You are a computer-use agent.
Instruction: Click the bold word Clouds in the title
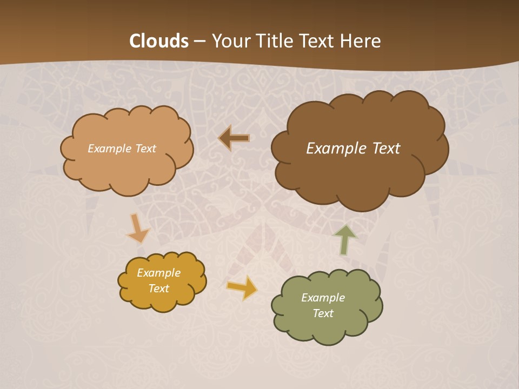(159, 41)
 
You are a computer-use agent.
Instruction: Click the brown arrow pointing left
(234, 138)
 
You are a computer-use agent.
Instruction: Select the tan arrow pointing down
(138, 229)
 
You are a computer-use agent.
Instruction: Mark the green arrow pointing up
(344, 239)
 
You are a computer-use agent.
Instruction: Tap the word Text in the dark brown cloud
(386, 149)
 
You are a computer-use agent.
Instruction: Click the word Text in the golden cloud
(159, 289)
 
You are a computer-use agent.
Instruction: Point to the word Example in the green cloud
(323, 298)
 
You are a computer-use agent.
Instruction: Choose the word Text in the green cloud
(323, 313)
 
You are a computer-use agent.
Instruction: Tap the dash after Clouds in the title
(199, 42)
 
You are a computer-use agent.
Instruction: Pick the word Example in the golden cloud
(159, 273)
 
